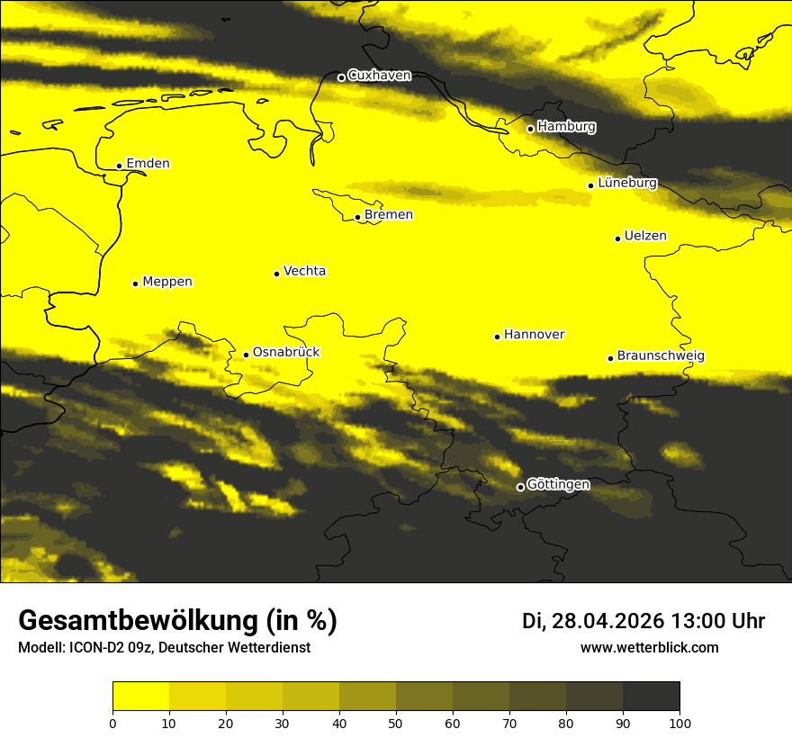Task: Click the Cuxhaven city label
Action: coord(379,76)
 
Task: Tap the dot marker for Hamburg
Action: coord(531,129)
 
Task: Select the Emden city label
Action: coord(148,164)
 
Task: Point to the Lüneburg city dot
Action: coord(591,185)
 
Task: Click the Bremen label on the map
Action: coord(389,215)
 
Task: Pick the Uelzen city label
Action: coord(645,237)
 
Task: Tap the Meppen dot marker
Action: coord(136,283)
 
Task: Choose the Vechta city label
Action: coord(304,271)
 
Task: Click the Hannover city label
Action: coord(534,335)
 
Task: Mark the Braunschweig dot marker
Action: coord(610,358)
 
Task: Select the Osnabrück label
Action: coord(286,353)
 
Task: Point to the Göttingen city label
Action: coord(558,485)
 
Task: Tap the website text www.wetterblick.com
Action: coord(650,648)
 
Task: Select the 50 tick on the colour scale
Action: coord(396,723)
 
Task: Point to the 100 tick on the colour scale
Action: coord(679,723)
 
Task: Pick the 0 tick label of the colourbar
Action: coord(112,723)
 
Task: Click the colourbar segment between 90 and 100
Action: coord(651,696)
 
